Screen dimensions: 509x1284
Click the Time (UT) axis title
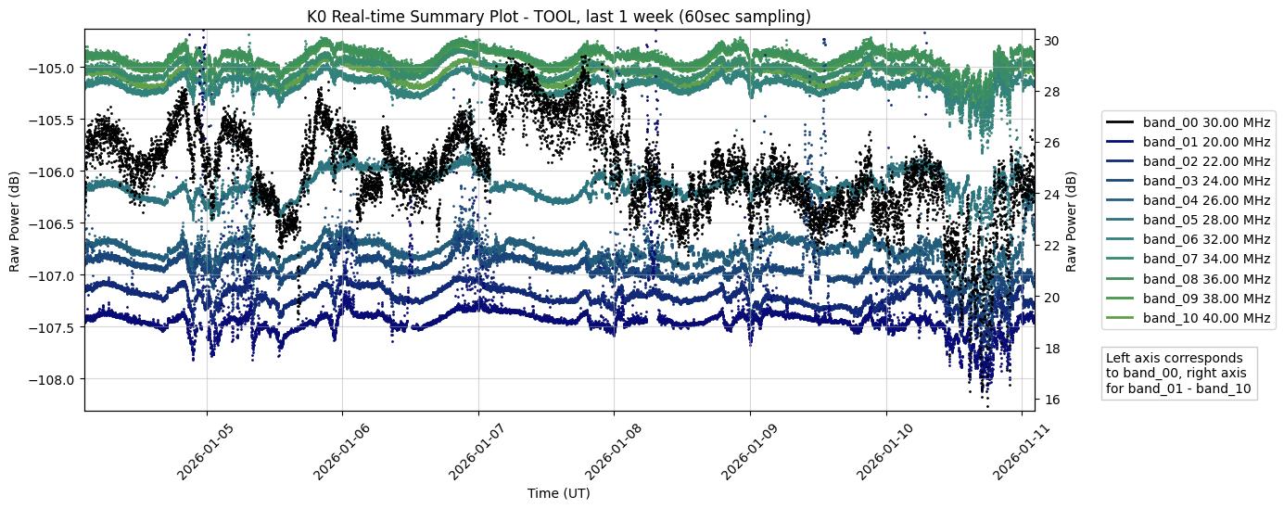coord(558,493)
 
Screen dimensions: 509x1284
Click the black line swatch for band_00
coord(1121,122)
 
